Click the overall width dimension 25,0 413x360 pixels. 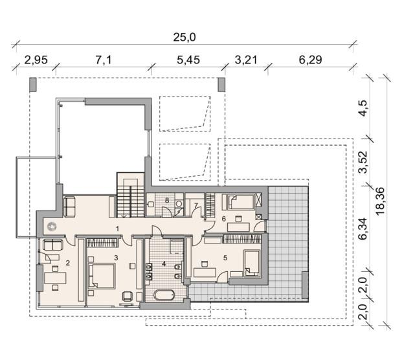pyautogui.click(x=184, y=37)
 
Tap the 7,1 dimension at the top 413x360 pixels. pyautogui.click(x=104, y=60)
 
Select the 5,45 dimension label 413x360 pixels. pyautogui.click(x=188, y=60)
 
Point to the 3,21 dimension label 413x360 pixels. pyautogui.click(x=246, y=60)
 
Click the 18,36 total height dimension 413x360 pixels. pyautogui.click(x=381, y=201)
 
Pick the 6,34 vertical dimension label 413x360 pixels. pyautogui.click(x=364, y=229)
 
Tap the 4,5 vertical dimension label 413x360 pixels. pyautogui.click(x=364, y=108)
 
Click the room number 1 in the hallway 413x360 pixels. pyautogui.click(x=117, y=229)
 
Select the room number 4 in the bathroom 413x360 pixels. pyautogui.click(x=164, y=264)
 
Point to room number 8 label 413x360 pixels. pyautogui.click(x=167, y=200)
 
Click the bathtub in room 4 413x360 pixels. pyautogui.click(x=164, y=295)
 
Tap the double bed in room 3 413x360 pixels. pyautogui.click(x=102, y=275)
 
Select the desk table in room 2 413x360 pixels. pyautogui.click(x=55, y=278)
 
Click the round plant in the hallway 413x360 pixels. pyautogui.click(x=52, y=227)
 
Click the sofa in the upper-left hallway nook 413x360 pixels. pyautogui.click(x=69, y=207)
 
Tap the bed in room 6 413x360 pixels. pyautogui.click(x=240, y=202)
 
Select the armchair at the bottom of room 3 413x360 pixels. pyautogui.click(x=128, y=296)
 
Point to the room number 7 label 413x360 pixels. pyautogui.click(x=196, y=205)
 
